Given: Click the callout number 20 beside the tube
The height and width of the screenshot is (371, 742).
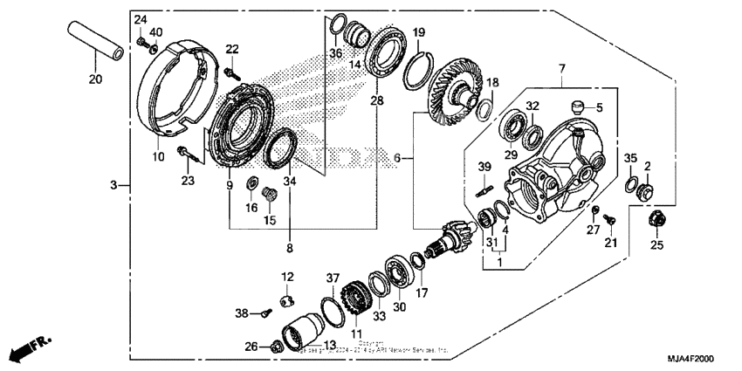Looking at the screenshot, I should pos(95,80).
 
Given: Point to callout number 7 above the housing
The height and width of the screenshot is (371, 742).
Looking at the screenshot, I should pos(562,67).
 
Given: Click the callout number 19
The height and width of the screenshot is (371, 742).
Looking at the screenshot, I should pos(419,32).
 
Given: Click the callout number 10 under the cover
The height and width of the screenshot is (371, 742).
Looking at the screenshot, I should pos(158,157).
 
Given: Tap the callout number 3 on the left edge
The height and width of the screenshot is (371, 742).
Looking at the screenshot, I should pos(113,185).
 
